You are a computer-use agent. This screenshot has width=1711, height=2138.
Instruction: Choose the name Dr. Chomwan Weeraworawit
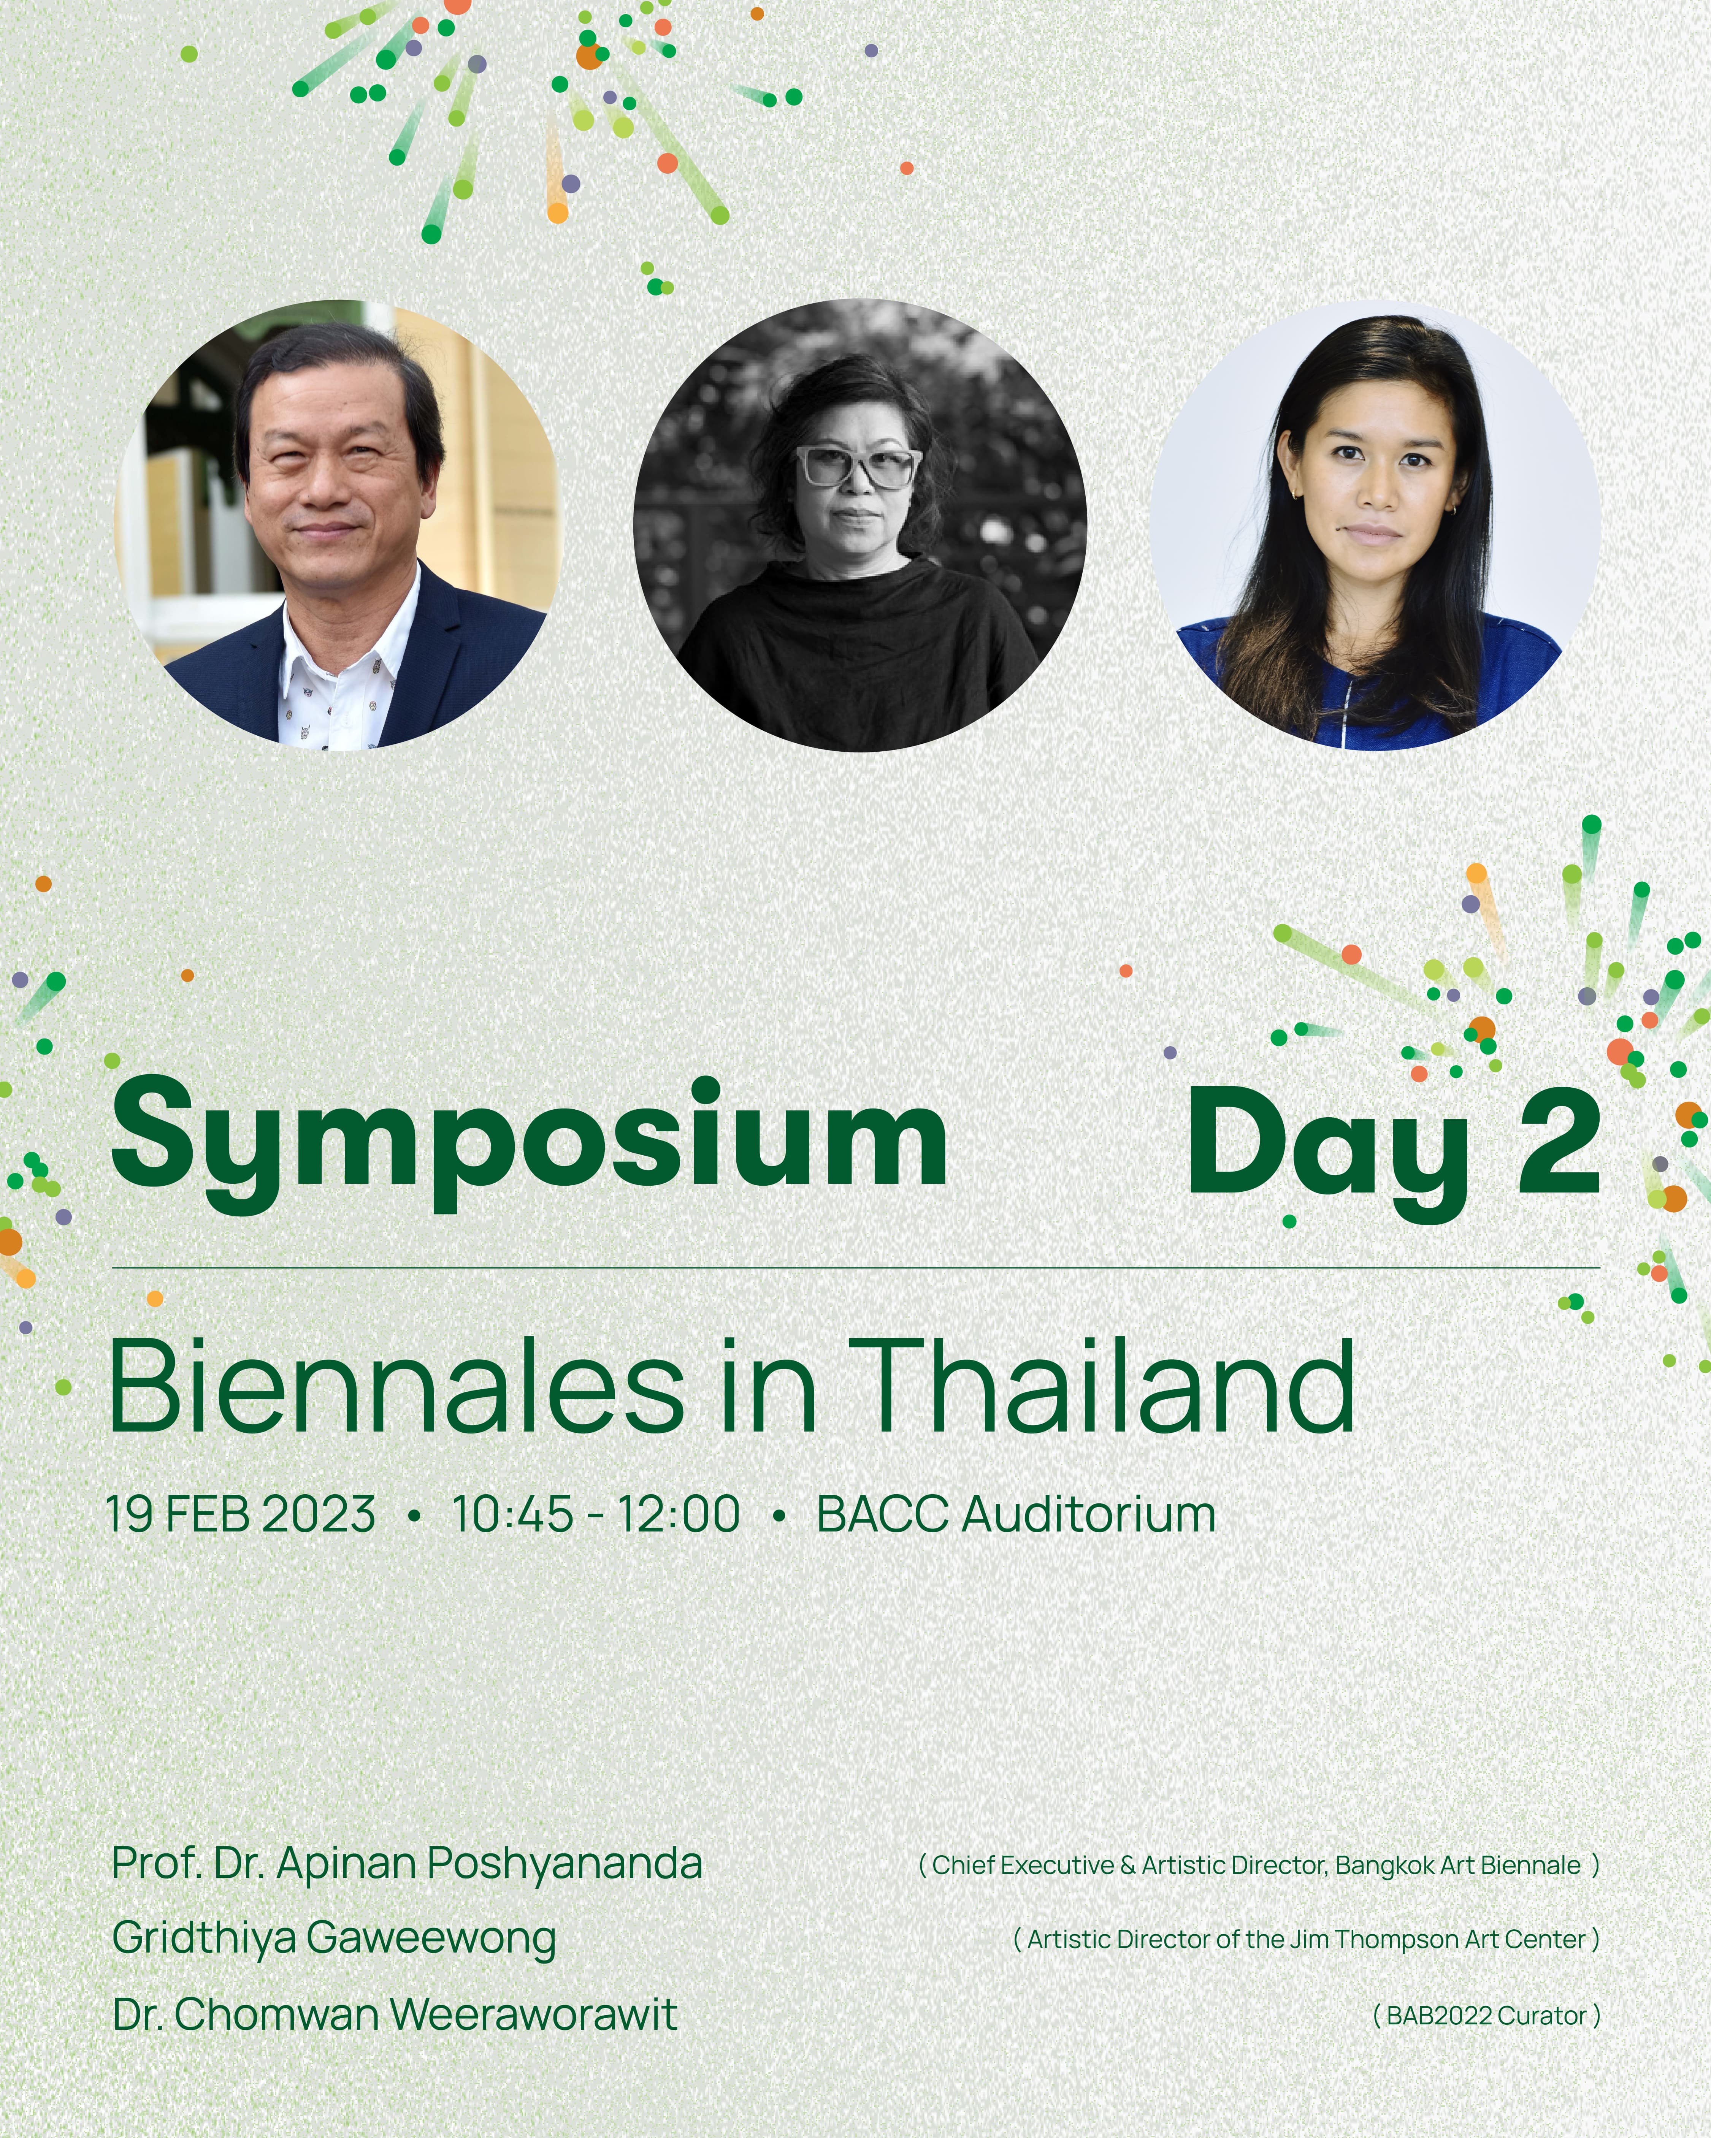(x=395, y=2015)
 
